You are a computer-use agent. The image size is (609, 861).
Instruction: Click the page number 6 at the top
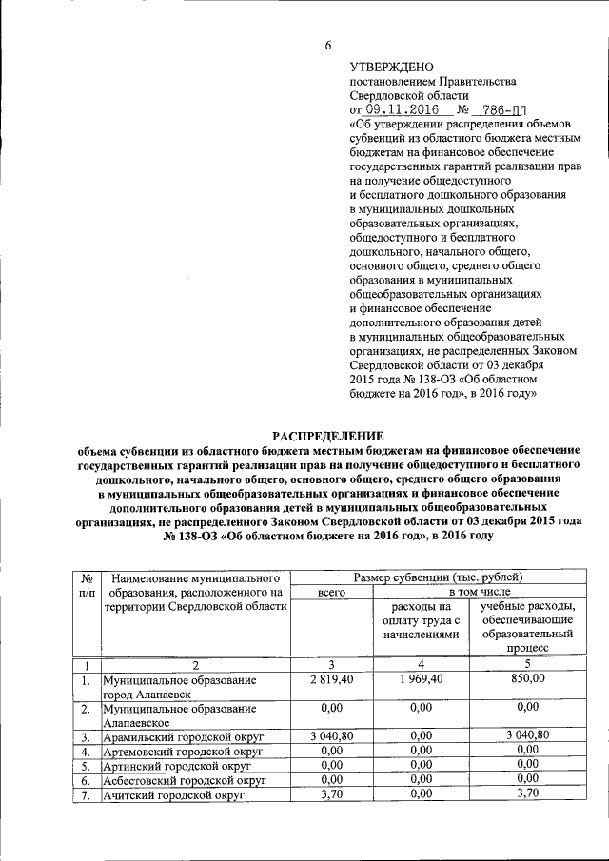coord(327,46)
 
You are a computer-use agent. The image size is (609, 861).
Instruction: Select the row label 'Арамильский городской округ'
coord(180,737)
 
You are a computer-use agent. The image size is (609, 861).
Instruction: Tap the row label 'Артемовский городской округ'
coord(180,752)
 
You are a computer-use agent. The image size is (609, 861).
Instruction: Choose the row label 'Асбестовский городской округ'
coord(183,780)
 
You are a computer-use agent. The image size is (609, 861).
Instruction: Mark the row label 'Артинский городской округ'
coord(176,766)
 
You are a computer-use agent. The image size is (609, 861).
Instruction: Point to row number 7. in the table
coord(86,795)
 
